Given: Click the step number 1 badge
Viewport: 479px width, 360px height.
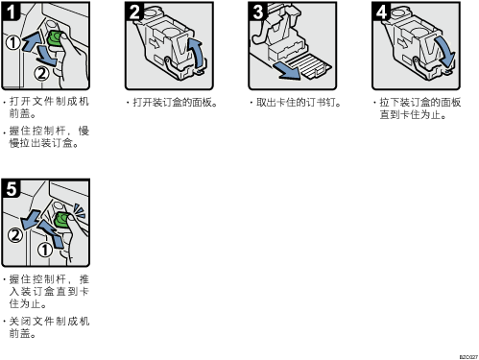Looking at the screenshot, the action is (11, 12).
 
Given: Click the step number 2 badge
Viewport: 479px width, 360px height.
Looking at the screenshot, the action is (134, 12).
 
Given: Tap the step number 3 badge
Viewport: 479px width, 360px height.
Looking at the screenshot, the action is (258, 12).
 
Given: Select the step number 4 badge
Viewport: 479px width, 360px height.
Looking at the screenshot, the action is (381, 12).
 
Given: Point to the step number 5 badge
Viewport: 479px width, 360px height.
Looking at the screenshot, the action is (11, 188).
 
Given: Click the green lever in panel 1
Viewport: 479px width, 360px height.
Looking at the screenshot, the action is (55, 39).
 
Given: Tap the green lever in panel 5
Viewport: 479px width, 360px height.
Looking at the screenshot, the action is (62, 220).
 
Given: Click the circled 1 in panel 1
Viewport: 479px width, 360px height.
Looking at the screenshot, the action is (13, 42).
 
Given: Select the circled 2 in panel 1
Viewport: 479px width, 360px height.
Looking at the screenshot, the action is (41, 74).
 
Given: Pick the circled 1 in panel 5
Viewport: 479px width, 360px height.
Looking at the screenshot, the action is (45, 250).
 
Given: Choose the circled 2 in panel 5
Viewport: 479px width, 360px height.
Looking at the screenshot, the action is (15, 235).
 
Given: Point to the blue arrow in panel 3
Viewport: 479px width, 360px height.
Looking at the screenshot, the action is (287, 71).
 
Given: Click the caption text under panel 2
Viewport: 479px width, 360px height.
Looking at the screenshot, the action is (172, 103).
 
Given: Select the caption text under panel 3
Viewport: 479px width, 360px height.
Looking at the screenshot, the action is (296, 103).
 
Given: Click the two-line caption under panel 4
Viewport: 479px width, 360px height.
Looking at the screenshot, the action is (418, 108).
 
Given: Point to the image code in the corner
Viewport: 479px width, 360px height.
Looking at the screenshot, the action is (468, 356).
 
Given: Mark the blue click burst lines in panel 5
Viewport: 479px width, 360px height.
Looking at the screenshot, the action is (79, 211).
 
